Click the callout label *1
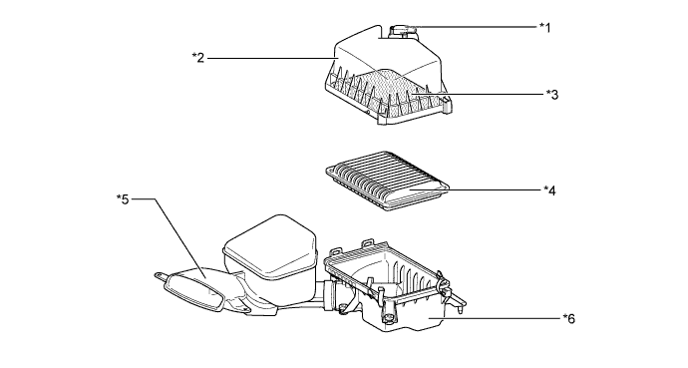(x=544, y=27)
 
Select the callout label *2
(x=198, y=58)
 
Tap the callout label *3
(x=552, y=94)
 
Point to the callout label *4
(x=549, y=190)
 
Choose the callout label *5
(x=123, y=199)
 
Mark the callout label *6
(x=568, y=318)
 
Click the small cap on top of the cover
(x=402, y=31)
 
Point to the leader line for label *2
(x=272, y=58)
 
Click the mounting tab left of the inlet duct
(x=160, y=276)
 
